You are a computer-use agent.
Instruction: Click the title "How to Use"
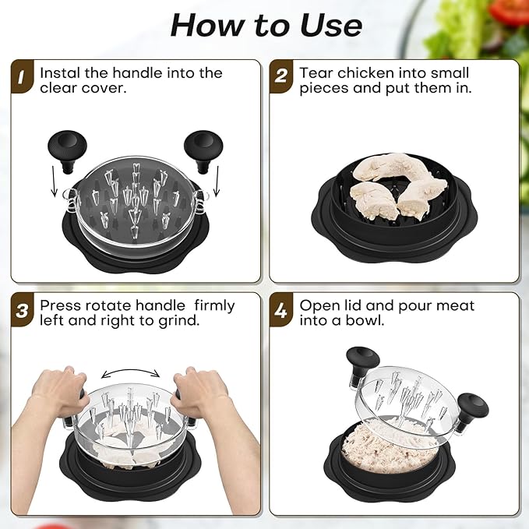click(x=266, y=26)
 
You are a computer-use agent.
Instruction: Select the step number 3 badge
click(x=23, y=312)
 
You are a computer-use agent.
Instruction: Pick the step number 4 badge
click(x=283, y=312)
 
